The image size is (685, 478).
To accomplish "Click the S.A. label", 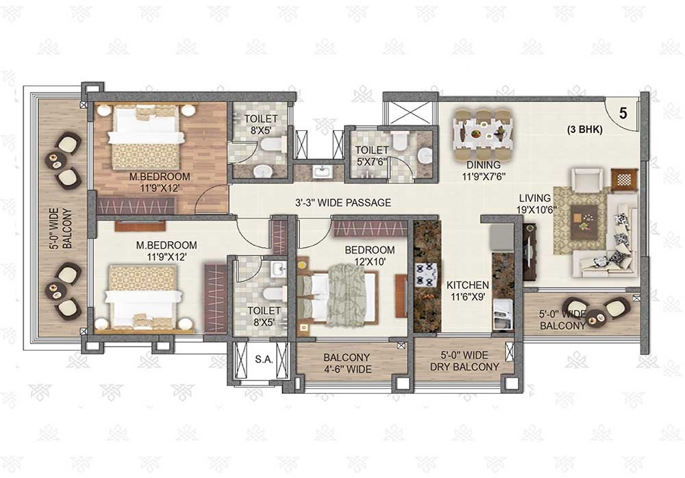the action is (x=264, y=360).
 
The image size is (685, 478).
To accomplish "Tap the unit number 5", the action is (x=623, y=113).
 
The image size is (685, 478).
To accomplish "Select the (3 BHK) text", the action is (x=584, y=129).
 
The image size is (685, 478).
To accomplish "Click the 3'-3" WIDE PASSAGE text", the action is (x=343, y=203).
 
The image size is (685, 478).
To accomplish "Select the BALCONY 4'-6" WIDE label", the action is (x=347, y=363).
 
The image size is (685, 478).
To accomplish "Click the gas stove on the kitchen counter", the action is (x=425, y=275).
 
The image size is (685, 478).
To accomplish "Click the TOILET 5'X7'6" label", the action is (x=372, y=155).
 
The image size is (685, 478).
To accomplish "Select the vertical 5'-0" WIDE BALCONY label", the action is (x=61, y=229).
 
